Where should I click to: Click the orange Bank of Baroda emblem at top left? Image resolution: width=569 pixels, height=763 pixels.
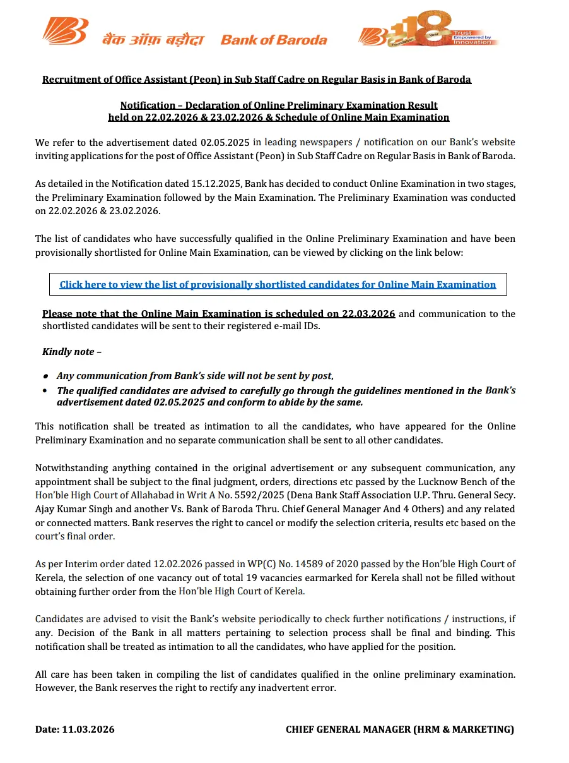[65, 31]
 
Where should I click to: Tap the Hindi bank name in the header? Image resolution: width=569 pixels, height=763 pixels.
[154, 40]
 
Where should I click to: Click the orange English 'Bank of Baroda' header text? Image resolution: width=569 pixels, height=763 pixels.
[274, 40]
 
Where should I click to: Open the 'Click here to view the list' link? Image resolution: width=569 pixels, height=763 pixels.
[278, 285]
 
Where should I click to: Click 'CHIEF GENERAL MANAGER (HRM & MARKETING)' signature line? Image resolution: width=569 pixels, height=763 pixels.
[400, 730]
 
